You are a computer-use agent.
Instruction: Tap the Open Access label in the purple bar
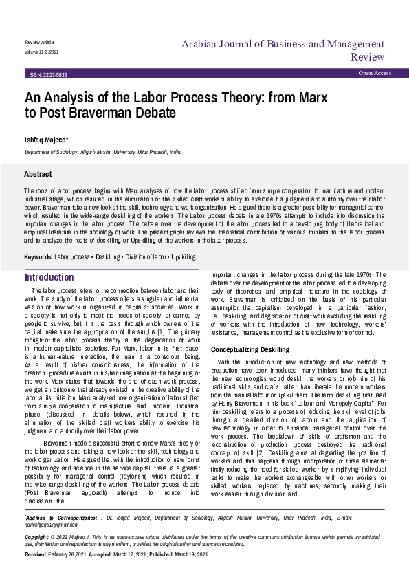coord(375,73)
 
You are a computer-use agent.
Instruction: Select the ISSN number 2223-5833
coord(48,74)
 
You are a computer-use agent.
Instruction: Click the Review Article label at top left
coord(39,42)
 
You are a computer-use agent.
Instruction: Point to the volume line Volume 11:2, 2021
coord(42,52)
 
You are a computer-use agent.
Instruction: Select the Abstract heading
coord(37,175)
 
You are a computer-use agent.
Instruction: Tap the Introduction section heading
coord(49,277)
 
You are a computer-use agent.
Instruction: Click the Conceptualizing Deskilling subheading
coord(250,349)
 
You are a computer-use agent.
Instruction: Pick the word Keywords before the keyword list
coord(38,256)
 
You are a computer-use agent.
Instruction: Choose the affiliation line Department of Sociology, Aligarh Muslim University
coord(102,152)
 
